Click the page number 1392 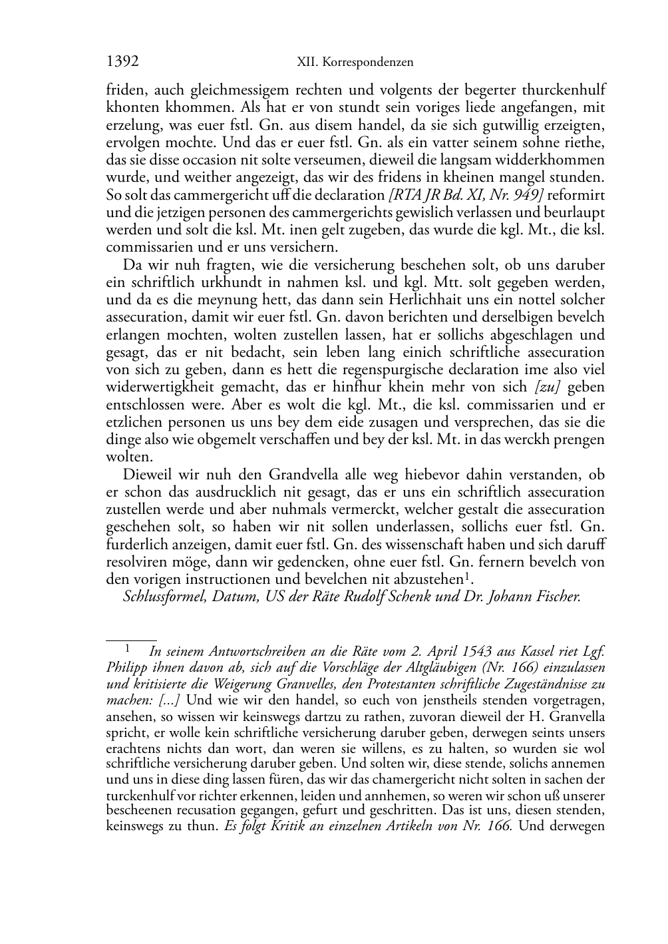tap(122, 62)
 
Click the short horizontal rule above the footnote tap(131, 639)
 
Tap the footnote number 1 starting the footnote tap(127, 648)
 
